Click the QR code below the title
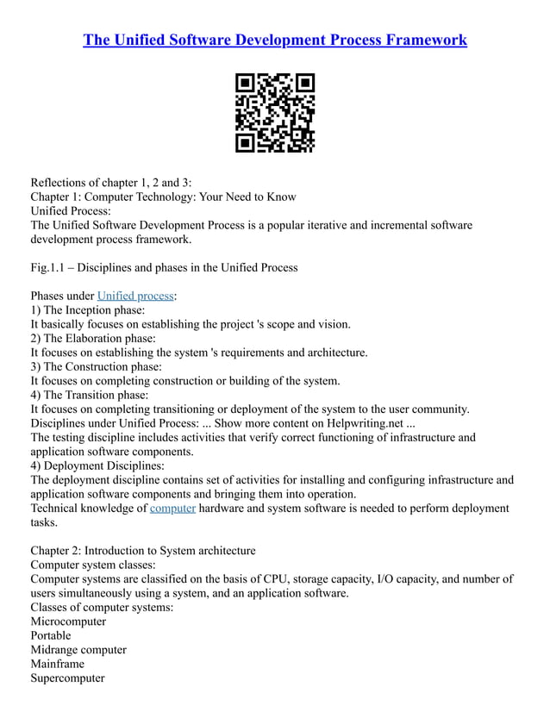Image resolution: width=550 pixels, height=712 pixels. tap(275, 113)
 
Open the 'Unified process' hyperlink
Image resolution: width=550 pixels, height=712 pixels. tap(135, 296)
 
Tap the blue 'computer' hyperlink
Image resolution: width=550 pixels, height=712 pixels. tap(172, 508)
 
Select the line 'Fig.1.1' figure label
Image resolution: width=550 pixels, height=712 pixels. tap(164, 267)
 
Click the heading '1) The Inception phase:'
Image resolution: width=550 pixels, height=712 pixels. tap(88, 309)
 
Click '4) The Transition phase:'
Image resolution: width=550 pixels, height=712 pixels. tap(90, 395)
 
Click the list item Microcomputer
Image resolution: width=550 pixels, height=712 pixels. tap(68, 621)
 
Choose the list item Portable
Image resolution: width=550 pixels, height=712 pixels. tap(51, 635)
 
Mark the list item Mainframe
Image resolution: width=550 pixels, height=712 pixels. tap(58, 664)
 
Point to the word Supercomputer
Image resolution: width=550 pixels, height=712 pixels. tap(67, 678)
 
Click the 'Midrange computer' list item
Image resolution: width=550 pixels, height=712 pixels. tap(78, 650)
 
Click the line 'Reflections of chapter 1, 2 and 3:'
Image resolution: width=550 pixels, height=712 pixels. tap(111, 182)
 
